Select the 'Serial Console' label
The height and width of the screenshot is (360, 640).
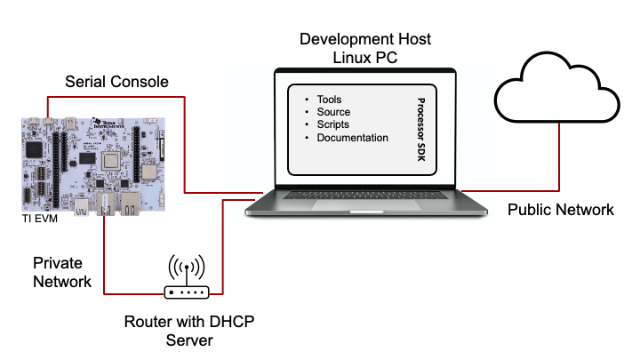[117, 82]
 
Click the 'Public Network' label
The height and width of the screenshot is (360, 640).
[560, 211]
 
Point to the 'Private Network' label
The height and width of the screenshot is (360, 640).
[62, 273]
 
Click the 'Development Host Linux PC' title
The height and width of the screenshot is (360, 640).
[366, 49]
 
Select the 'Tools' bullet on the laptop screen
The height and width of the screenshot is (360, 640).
[329, 100]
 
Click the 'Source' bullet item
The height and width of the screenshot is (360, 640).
[333, 112]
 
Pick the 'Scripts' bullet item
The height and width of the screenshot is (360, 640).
[333, 124]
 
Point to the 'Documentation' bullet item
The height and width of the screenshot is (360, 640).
[352, 138]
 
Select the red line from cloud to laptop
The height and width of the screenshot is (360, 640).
[558, 160]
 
